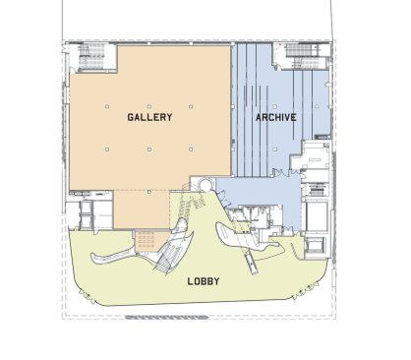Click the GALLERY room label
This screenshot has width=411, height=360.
tap(149, 117)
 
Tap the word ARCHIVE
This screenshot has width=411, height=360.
tap(276, 117)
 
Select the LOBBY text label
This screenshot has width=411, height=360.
tap(204, 281)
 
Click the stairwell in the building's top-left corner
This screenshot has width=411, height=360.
tap(91, 57)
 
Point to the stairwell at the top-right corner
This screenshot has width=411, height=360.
tap(302, 56)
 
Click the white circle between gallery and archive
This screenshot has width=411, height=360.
tap(206, 185)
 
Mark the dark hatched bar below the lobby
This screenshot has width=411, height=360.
tap(167, 317)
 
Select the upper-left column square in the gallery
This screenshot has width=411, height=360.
tap(107, 106)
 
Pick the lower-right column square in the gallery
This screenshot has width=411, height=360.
tap(191, 150)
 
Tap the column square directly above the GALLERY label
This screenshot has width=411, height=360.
tap(149, 106)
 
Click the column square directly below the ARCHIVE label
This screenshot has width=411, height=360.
tap(275, 150)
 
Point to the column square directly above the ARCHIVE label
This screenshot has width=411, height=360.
tap(275, 106)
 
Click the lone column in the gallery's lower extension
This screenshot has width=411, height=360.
tap(149, 192)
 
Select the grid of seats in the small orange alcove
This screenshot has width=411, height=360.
tap(147, 240)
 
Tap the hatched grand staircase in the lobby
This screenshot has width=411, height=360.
tap(170, 258)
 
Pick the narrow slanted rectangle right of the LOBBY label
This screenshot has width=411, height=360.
tap(253, 264)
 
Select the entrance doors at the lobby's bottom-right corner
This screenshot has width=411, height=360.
tap(306, 292)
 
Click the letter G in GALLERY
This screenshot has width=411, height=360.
tap(131, 117)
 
